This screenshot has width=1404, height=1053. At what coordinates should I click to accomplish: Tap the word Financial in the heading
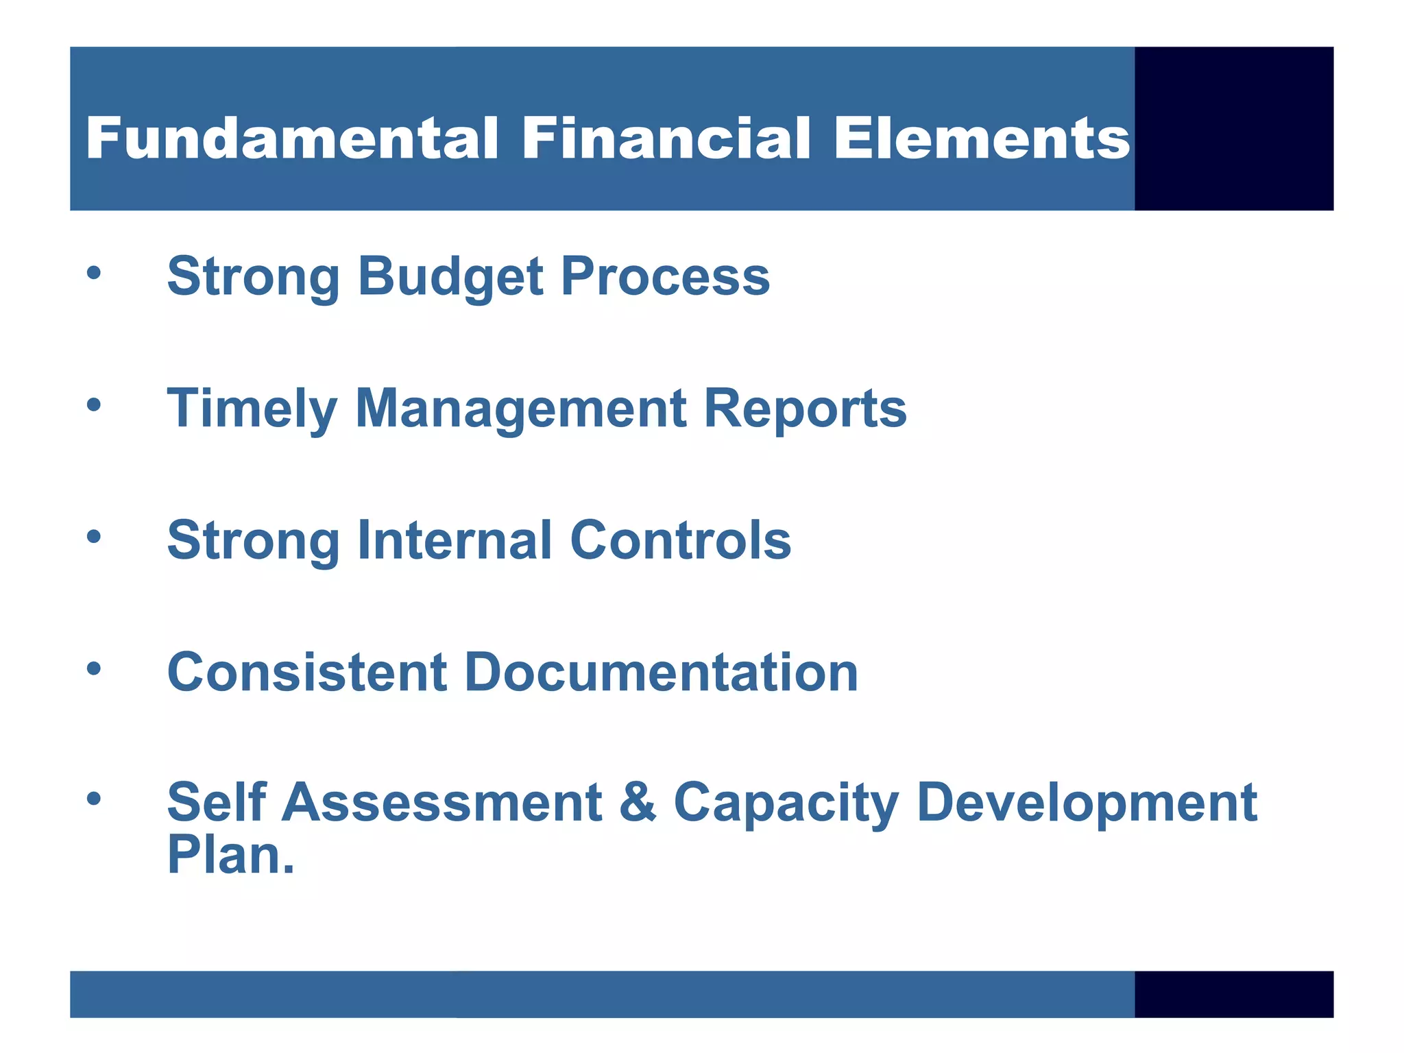(x=666, y=138)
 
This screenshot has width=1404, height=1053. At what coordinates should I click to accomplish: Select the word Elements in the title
(x=981, y=138)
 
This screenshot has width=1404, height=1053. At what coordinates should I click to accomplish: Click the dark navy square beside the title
(x=1233, y=128)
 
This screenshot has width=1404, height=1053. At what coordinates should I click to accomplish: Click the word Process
(x=665, y=276)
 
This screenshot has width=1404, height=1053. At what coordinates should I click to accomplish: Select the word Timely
(x=252, y=409)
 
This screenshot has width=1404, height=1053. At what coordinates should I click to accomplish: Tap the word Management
(x=521, y=409)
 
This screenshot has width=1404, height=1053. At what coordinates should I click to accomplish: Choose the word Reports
(x=805, y=409)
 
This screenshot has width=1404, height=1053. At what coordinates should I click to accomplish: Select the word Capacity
(x=786, y=803)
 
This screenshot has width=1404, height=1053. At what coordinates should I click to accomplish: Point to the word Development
(x=1087, y=803)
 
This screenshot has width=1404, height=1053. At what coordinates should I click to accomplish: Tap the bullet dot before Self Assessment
(x=94, y=797)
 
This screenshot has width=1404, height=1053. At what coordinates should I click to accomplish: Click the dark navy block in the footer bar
(x=1233, y=994)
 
